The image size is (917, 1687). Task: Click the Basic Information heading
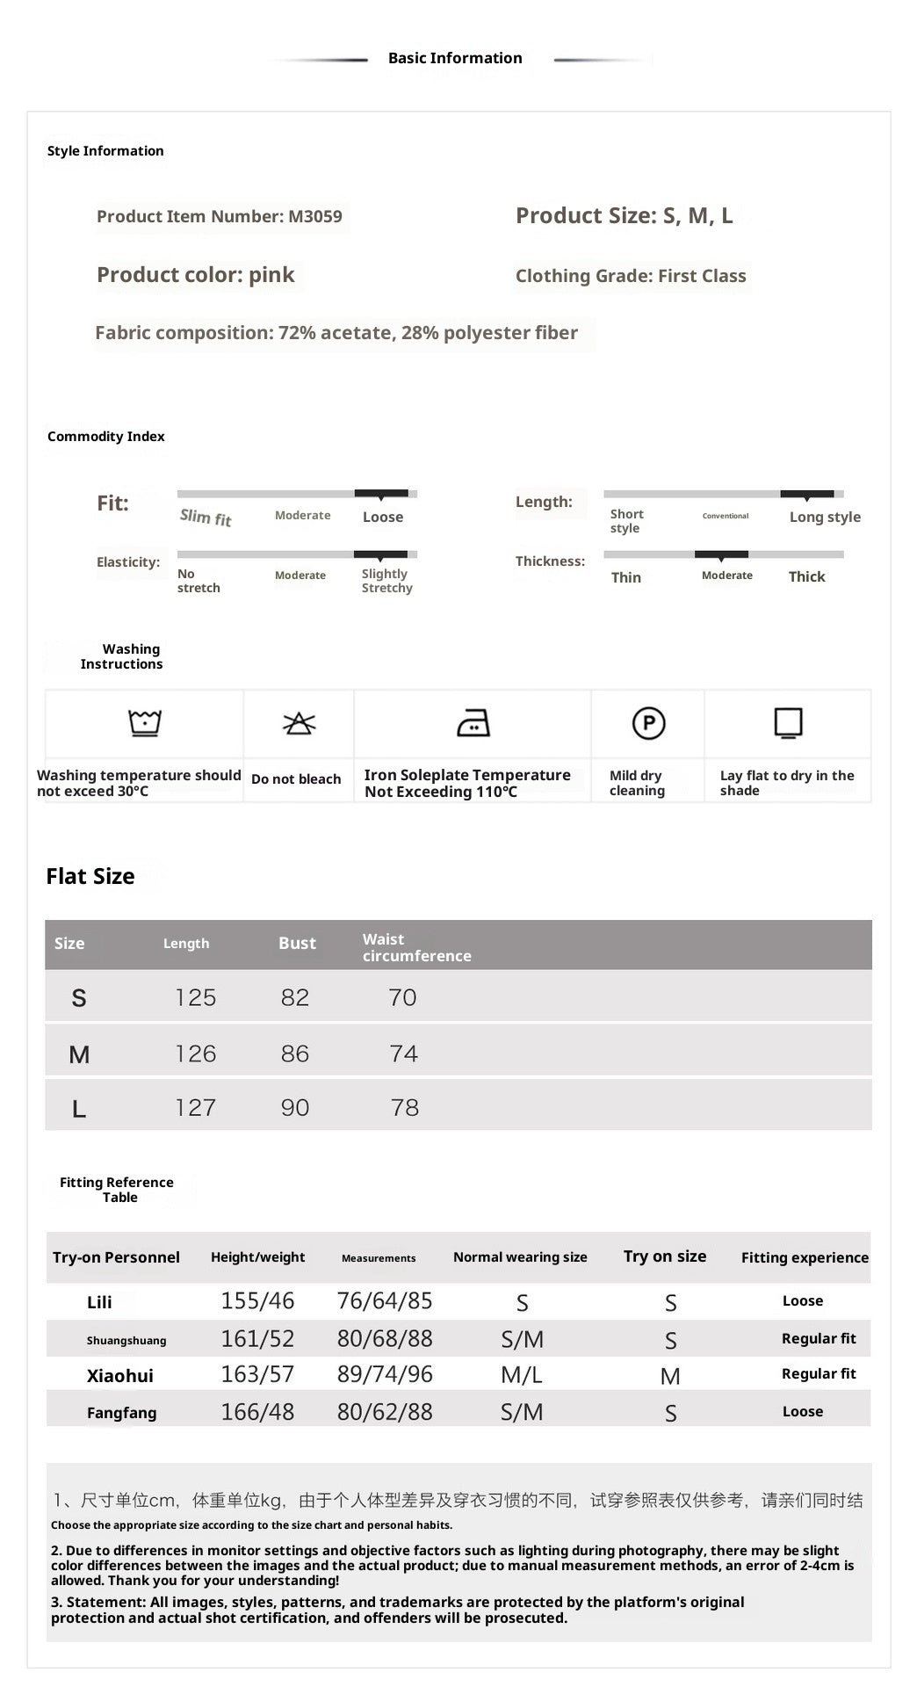(455, 58)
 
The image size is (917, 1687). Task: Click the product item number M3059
(220, 217)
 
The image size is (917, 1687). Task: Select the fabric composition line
(336, 333)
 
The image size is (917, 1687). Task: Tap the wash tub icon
(145, 723)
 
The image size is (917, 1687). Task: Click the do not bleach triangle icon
(299, 723)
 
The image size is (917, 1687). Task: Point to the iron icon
(473, 723)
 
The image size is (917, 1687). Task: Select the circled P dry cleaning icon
(649, 723)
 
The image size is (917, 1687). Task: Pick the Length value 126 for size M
(195, 1053)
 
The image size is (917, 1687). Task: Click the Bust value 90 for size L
(295, 1108)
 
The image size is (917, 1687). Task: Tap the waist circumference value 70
(402, 998)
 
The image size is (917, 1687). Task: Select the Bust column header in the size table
(297, 944)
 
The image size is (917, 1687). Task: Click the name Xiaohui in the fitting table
(119, 1376)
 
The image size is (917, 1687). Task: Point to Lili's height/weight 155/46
(257, 1301)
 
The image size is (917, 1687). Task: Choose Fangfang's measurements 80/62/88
(385, 1412)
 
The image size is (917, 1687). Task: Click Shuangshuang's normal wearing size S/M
(522, 1340)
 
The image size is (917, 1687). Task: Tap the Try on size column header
(665, 1256)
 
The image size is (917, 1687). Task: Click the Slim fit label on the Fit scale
(206, 518)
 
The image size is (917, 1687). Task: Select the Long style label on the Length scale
(825, 518)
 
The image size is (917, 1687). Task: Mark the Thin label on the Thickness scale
(626, 577)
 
